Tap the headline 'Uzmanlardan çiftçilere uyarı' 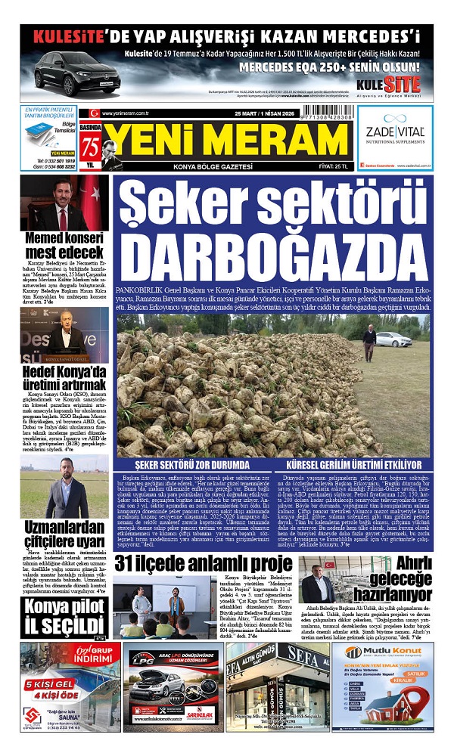pos(64,534)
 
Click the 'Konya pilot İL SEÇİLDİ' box pos(64,618)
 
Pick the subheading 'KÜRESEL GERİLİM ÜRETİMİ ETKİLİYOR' pos(352,463)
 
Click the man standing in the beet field pos(369,340)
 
